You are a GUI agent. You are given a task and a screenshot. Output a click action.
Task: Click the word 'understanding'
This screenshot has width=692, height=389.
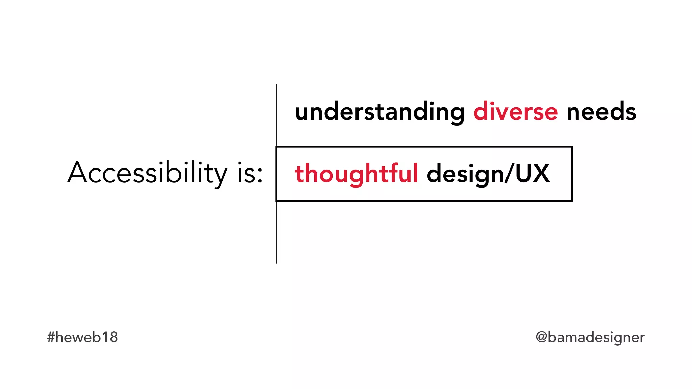pyautogui.click(x=380, y=112)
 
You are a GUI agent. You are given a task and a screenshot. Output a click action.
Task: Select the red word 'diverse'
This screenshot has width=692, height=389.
pyautogui.click(x=515, y=111)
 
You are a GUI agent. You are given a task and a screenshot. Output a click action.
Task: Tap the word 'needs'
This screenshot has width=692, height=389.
pyautogui.click(x=601, y=111)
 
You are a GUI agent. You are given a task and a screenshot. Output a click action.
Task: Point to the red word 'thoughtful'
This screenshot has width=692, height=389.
pyautogui.click(x=356, y=174)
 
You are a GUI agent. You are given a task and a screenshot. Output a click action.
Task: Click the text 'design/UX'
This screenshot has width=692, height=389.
pyautogui.click(x=488, y=174)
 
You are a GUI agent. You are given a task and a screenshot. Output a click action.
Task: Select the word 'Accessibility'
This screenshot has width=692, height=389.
pyautogui.click(x=147, y=173)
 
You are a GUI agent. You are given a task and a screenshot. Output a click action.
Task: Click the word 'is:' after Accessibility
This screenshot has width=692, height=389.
pyautogui.click(x=250, y=173)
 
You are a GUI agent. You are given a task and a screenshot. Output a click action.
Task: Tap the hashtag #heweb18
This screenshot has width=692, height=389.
pyautogui.click(x=82, y=337)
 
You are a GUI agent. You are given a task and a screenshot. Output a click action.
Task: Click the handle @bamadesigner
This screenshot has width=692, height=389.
pyautogui.click(x=590, y=337)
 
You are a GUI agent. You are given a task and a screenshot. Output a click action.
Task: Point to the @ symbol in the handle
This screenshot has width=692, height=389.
pyautogui.click(x=541, y=337)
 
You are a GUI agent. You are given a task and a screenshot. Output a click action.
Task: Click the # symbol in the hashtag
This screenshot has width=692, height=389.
pyautogui.click(x=51, y=337)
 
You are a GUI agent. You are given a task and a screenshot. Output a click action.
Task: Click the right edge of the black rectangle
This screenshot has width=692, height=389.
pyautogui.click(x=572, y=174)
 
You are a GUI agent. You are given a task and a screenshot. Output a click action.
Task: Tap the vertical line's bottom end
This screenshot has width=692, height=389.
pyautogui.click(x=277, y=262)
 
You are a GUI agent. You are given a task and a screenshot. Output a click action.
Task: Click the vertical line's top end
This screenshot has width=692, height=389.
pyautogui.click(x=277, y=85)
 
